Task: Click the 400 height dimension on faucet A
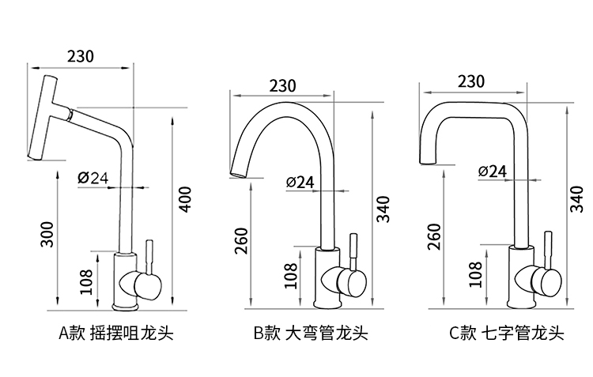[185, 199]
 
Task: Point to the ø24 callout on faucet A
[93, 177]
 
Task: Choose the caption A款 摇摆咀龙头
[115, 333]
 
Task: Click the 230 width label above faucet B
[282, 85]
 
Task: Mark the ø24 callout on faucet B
[300, 182]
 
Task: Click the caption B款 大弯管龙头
[311, 333]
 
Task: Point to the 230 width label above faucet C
[471, 81]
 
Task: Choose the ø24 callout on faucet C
[493, 171]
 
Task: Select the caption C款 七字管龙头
[507, 333]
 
